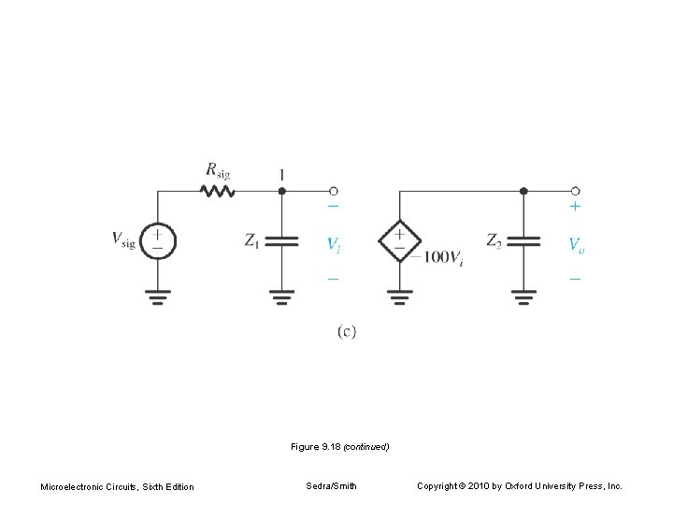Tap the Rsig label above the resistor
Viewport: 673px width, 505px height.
(x=218, y=170)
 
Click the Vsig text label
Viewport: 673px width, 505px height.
(x=122, y=240)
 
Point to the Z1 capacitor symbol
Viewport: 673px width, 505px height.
(x=281, y=240)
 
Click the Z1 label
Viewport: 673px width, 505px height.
(x=251, y=240)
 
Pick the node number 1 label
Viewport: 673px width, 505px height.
(x=281, y=175)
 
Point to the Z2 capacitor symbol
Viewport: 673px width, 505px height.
(x=523, y=240)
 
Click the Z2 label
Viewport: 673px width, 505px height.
(x=494, y=240)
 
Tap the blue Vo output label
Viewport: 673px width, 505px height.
(x=578, y=244)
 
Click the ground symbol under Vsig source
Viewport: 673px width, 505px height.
(x=159, y=298)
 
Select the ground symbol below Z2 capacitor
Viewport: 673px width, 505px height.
(x=523, y=298)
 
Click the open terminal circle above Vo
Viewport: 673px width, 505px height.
(x=575, y=190)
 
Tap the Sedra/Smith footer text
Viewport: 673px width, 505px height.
(x=331, y=485)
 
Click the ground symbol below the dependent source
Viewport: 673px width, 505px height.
(x=399, y=298)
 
